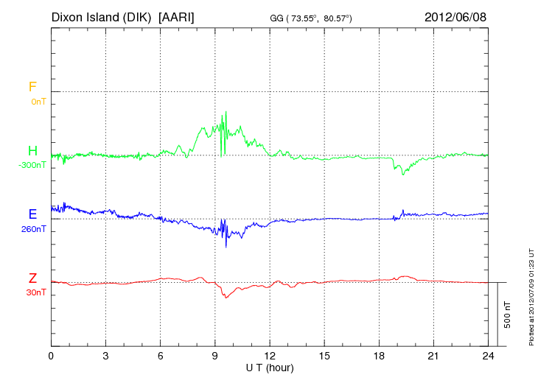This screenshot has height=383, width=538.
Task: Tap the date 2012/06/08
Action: [455, 16]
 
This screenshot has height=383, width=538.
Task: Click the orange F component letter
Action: [32, 87]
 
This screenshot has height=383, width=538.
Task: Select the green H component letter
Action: [32, 151]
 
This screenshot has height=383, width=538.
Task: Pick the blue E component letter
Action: [32, 214]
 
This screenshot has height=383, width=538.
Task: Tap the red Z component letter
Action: [32, 278]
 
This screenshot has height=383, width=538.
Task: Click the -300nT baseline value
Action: [32, 165]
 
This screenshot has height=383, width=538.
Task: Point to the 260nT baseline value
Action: [33, 229]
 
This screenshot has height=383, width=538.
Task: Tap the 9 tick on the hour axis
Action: [214, 356]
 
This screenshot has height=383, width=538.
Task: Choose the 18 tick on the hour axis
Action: [379, 356]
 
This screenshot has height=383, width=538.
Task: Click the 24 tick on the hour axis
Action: [488, 356]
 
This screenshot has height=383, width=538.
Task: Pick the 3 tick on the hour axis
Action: [105, 356]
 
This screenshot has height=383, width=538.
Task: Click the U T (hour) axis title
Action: [270, 367]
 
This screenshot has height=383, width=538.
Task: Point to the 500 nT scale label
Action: [508, 315]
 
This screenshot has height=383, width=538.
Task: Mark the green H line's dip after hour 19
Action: [402, 174]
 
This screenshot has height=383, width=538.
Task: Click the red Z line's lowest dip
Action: [226, 298]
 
